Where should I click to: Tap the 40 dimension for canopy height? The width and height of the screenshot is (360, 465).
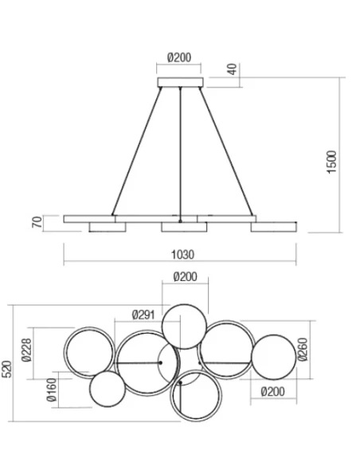(232, 70)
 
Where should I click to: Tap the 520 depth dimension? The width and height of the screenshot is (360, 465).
(7, 368)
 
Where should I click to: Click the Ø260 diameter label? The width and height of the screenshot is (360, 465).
(303, 348)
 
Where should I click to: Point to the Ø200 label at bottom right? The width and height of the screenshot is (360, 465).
(273, 391)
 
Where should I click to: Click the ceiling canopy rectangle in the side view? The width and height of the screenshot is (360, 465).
(182, 82)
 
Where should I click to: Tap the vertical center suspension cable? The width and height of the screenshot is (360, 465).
(182, 151)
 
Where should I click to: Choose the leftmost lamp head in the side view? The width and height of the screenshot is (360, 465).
(107, 229)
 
